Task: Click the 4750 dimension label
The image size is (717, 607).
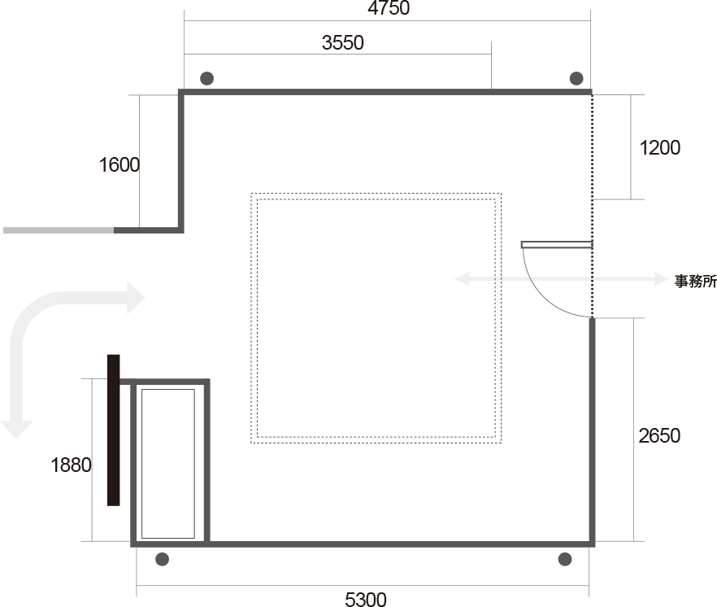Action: (389, 9)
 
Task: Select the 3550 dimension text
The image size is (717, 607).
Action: (342, 43)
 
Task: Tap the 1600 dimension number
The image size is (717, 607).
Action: (119, 165)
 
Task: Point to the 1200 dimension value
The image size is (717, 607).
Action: (660, 148)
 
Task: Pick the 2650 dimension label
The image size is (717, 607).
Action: (659, 436)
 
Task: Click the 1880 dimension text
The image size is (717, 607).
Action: (71, 465)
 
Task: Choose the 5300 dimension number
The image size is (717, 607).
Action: (366, 600)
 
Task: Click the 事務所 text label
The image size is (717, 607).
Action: (696, 282)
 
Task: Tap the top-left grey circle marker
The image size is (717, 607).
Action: (207, 79)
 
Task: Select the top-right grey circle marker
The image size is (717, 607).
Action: (576, 78)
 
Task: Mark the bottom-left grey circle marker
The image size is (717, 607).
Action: (162, 559)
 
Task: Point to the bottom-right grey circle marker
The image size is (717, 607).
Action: (564, 559)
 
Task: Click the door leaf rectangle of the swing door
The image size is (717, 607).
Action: (557, 244)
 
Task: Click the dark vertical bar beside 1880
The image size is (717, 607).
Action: (113, 430)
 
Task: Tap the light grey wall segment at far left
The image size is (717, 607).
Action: (58, 230)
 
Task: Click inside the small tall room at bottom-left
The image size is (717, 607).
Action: (168, 463)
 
